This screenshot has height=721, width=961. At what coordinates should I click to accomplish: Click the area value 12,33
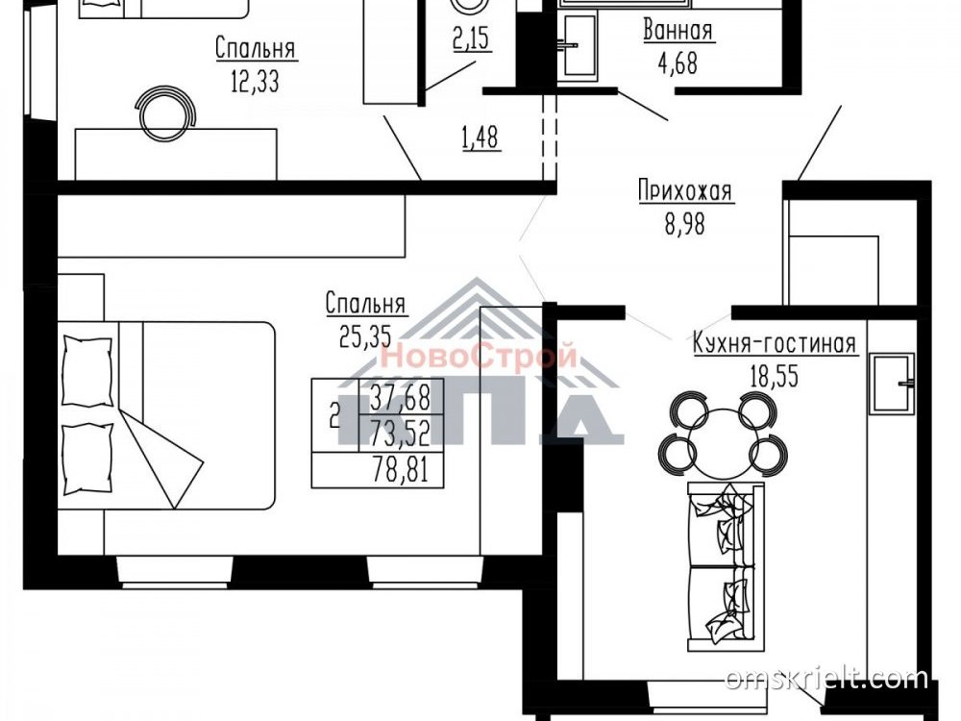pos(255,81)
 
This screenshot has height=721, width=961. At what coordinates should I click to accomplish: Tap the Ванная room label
pos(678,30)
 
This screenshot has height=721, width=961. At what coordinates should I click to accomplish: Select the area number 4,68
pos(678,63)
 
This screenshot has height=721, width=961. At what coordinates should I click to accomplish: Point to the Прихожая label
pos(684,190)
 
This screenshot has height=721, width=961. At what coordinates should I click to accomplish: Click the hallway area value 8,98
pos(684,224)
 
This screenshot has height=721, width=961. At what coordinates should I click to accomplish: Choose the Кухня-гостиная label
pos(774,344)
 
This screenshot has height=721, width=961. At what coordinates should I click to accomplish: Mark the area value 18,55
pos(774,377)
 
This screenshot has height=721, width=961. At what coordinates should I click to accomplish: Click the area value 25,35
pos(365,336)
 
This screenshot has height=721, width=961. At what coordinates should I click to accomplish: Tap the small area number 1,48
pos(480,138)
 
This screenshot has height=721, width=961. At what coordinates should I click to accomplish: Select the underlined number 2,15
pos(472,39)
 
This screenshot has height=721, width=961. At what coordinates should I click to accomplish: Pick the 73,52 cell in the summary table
pos(401,435)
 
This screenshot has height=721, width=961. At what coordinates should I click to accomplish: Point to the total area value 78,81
pos(401,471)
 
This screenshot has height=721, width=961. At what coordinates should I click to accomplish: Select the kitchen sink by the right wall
pos(893,384)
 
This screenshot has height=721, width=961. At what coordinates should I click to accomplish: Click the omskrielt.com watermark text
pos(826,679)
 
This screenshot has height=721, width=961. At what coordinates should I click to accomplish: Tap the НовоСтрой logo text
pos(479,356)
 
